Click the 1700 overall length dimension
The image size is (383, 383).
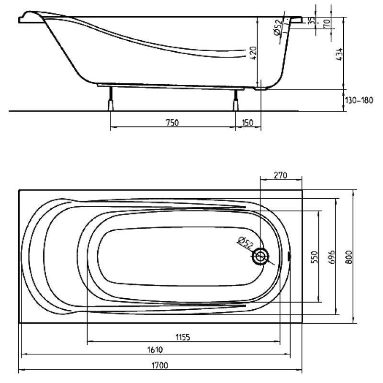tap(160, 365)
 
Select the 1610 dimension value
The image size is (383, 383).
tap(155, 350)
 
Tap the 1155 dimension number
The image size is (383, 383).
tap(183, 338)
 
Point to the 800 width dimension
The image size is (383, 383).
tap(349, 257)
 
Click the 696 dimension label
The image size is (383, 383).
tap(331, 257)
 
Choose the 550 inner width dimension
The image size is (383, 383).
tap(315, 257)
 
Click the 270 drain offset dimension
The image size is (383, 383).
tap(281, 175)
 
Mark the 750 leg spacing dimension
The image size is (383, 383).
tap(172, 123)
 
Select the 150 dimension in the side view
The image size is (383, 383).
tap(248, 123)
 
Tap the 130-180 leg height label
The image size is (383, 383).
tap(359, 100)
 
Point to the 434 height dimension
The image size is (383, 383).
tap(339, 54)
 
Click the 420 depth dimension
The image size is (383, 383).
tap(254, 53)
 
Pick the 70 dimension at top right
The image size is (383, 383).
tap(327, 23)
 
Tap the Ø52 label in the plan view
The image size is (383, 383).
tap(245, 242)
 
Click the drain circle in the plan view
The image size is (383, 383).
tap(260, 256)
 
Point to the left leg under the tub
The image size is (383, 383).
tap(111, 99)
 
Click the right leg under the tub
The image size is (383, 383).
tap(236, 100)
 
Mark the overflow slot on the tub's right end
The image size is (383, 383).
tap(290, 256)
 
